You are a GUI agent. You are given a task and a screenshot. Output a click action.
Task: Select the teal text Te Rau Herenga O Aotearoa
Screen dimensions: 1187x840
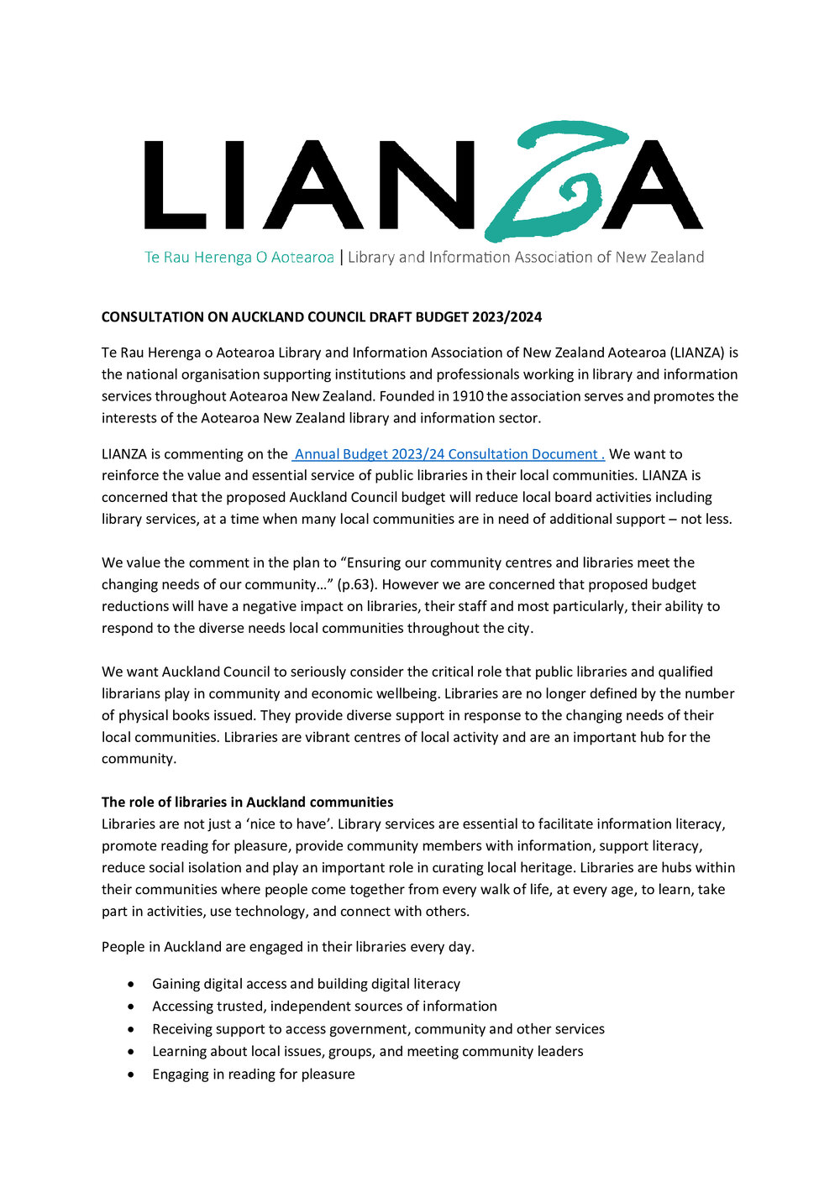pos(239,258)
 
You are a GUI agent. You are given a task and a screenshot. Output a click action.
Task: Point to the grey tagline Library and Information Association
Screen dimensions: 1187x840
pos(526,258)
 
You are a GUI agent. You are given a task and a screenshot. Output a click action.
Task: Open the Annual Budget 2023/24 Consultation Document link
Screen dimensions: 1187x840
pos(449,454)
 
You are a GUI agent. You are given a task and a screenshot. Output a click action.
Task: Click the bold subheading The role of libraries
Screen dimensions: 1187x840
pos(247,803)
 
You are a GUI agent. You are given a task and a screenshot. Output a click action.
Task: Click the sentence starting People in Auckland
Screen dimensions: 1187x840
pos(287,947)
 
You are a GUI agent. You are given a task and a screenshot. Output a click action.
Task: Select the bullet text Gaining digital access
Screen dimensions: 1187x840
pos(306,984)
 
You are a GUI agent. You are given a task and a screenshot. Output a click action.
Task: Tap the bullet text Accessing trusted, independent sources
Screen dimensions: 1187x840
pos(324,1007)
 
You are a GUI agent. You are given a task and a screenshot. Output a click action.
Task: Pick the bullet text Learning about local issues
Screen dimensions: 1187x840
pos(367,1052)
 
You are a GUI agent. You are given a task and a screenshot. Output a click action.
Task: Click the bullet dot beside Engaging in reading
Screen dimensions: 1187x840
pos(130,1075)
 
